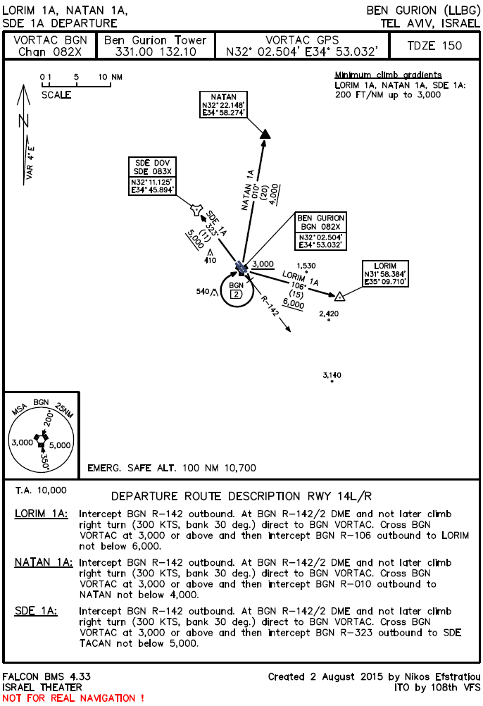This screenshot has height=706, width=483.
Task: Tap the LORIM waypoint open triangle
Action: point(339,296)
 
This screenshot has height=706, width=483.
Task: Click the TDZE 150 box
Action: point(434,46)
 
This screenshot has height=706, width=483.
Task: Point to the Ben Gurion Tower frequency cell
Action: point(155,46)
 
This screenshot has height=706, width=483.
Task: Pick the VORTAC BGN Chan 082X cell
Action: point(51,46)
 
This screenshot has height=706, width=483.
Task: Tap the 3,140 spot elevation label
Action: point(332,376)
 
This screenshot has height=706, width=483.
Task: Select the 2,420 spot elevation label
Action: point(329,313)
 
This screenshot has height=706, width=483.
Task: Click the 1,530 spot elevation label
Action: point(306,266)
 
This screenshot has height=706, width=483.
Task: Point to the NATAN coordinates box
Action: point(223,106)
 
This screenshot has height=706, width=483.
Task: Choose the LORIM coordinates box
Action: point(385,273)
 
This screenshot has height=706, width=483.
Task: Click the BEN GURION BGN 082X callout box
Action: point(320,231)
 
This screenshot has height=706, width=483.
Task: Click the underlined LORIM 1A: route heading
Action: point(42,514)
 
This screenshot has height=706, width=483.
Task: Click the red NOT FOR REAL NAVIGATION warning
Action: point(73,698)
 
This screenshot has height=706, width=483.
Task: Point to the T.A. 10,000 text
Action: point(41,489)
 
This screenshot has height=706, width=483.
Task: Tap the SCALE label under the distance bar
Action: point(56,95)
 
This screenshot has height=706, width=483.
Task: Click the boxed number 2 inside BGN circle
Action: point(237,295)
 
